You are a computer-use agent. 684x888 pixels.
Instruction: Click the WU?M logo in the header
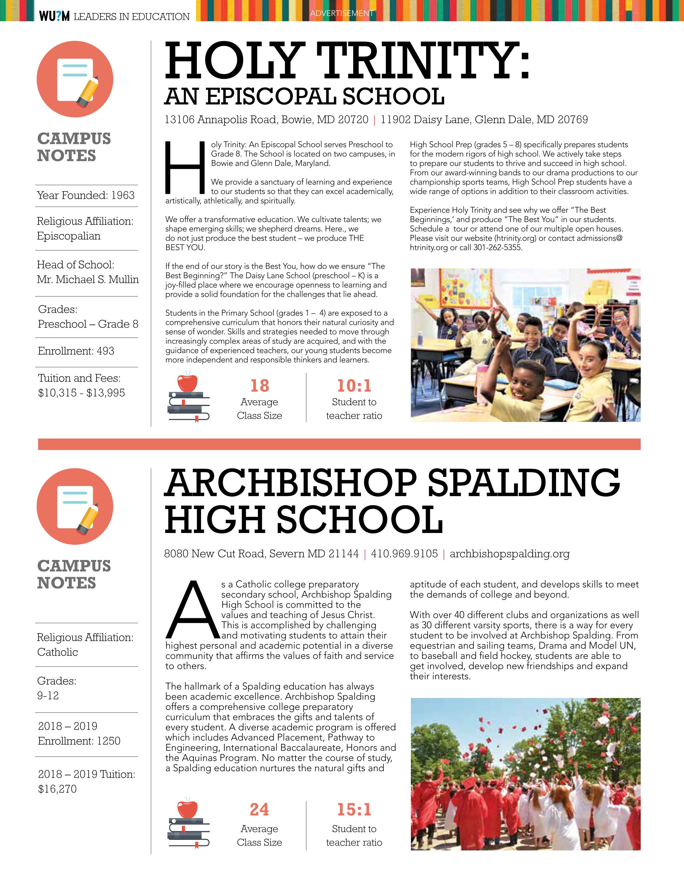(x=54, y=16)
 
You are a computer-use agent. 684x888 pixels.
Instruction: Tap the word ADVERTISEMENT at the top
(x=342, y=13)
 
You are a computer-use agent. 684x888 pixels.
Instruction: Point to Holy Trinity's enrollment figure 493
(x=105, y=351)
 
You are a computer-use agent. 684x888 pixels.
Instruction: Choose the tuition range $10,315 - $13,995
(x=81, y=393)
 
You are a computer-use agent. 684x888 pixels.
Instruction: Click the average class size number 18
(x=259, y=385)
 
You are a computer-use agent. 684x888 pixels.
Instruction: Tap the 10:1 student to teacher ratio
(x=354, y=385)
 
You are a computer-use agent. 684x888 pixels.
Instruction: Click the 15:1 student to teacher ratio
(x=354, y=810)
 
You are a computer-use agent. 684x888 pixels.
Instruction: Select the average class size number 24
(x=259, y=810)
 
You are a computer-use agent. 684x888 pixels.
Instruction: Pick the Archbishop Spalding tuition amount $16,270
(x=57, y=789)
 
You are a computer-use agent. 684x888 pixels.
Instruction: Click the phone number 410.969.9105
(x=404, y=554)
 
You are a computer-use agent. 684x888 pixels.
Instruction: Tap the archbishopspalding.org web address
(x=509, y=554)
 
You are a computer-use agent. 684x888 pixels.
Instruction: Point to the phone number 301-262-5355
(x=497, y=247)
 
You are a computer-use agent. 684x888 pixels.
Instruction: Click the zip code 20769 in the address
(x=573, y=120)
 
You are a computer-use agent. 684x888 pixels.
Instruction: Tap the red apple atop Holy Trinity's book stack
(x=187, y=382)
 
